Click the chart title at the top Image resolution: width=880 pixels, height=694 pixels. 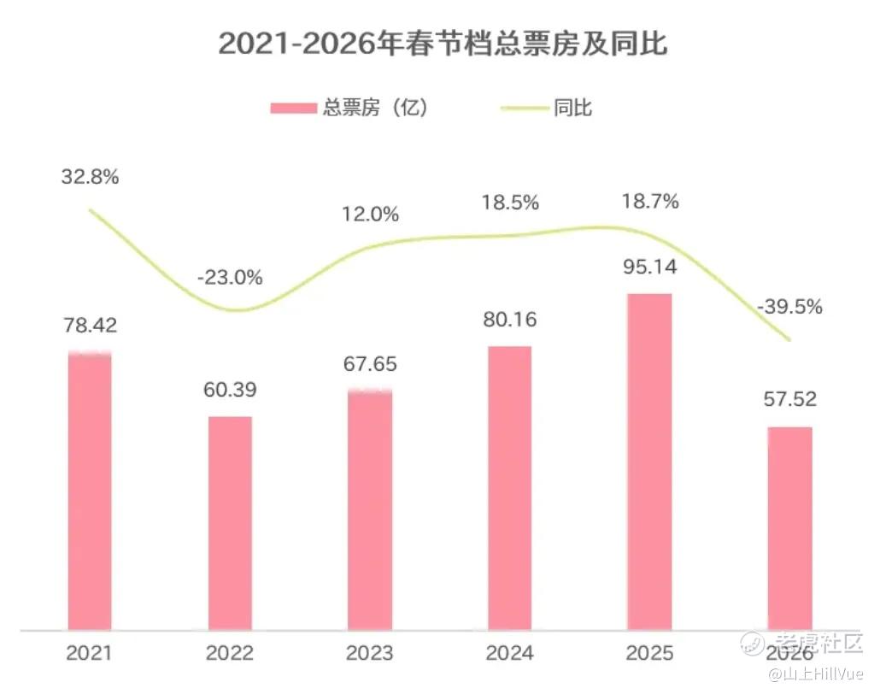pos(443,44)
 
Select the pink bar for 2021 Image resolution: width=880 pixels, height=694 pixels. pos(90,491)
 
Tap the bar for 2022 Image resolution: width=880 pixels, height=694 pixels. pos(230,523)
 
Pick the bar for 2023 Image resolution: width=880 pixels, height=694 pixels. pos(370,510)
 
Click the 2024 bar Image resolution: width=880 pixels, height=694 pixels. pos(510,488)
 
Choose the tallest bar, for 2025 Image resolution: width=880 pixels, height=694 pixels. pos(650,462)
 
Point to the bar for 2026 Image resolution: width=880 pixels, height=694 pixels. pos(789,528)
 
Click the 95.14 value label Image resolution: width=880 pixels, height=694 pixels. pos(650,267)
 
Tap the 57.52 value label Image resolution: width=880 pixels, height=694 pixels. pos(789,398)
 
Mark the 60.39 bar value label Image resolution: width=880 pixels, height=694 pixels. pos(230,390)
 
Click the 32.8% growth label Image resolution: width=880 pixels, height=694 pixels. pos(90,178)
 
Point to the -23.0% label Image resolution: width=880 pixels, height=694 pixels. pos(230,278)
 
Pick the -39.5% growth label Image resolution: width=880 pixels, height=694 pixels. pos(789,307)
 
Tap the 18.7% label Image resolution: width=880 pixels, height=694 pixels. pos(650,202)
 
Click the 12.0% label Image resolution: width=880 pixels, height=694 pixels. pos(370,215)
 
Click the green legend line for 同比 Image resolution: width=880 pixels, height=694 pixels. pos(522,109)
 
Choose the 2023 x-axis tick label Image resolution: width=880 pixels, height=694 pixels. pos(370,654)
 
